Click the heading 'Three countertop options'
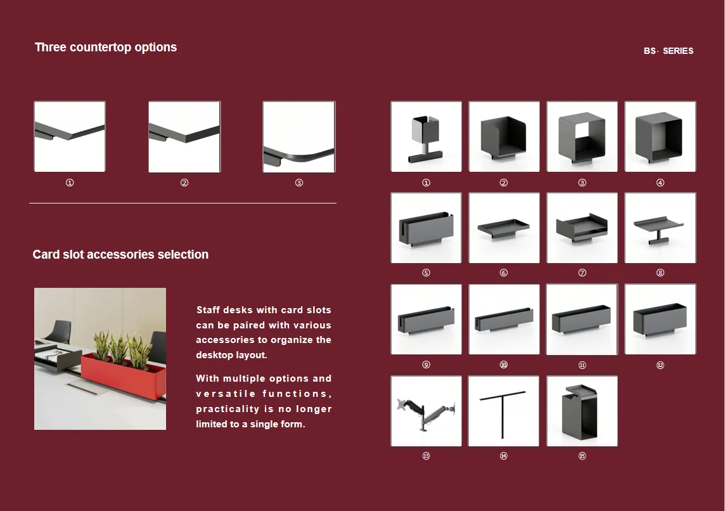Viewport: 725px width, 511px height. (x=106, y=47)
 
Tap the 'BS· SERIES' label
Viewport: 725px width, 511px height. (x=668, y=51)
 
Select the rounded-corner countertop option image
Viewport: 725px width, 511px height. (x=298, y=137)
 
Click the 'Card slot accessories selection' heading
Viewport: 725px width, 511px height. (x=120, y=254)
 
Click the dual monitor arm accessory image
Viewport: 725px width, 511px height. (x=426, y=411)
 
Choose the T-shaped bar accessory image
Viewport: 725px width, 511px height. (x=504, y=411)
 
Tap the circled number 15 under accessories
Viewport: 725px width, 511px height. (x=582, y=456)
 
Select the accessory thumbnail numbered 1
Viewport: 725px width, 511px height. (x=426, y=136)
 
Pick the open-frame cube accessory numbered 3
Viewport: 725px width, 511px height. (x=582, y=136)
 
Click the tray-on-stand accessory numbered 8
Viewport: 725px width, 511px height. (x=660, y=228)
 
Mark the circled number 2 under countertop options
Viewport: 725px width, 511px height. (x=184, y=183)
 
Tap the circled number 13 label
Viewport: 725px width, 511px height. (x=426, y=456)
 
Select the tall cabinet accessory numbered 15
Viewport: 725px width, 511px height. (x=582, y=411)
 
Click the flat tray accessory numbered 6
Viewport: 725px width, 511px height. (x=504, y=228)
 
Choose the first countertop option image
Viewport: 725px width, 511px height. (x=70, y=136)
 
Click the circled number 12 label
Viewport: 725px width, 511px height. (x=660, y=365)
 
